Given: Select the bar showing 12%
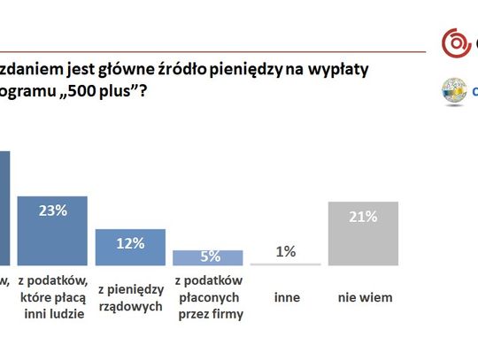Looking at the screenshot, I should coord(130,247).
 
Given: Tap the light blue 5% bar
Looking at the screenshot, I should coord(208,257).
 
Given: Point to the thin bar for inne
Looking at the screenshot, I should coord(286,264).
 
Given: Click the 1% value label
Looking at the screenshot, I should coord(286,252).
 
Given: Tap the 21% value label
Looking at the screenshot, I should coord(364,216).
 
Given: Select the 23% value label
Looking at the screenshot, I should coord(53,211).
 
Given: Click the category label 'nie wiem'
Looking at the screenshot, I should coord(364,297).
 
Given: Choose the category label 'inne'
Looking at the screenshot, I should coord(286,297).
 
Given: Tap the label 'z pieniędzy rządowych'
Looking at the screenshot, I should coord(130,296).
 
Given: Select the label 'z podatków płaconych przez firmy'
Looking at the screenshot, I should coord(208,296).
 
